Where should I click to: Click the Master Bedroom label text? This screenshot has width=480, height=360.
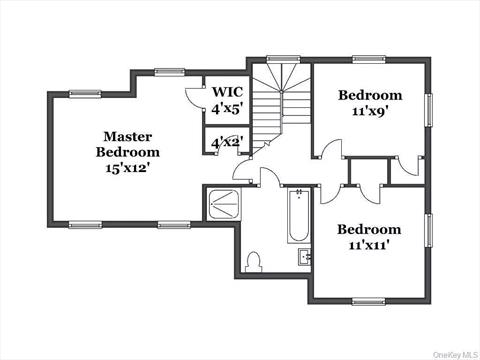(x=127, y=144)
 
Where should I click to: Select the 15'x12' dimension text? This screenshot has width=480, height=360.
(x=127, y=168)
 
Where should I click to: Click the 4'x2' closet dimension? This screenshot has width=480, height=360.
(x=226, y=144)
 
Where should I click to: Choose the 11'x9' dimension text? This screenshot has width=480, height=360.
(x=369, y=112)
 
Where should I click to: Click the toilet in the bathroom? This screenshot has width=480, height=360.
(x=254, y=262)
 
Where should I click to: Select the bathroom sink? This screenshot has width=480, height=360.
(x=304, y=258)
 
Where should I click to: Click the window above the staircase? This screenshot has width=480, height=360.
(x=283, y=59)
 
